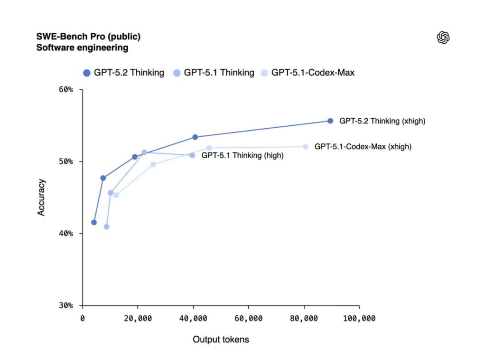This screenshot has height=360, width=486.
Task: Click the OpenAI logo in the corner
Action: click(443, 38)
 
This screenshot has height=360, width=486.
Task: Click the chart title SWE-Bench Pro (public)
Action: click(88, 37)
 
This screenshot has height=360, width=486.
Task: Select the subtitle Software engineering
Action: click(82, 47)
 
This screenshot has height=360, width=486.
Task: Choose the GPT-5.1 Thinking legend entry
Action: click(213, 73)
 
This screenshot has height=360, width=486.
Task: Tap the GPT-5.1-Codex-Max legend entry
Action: click(308, 73)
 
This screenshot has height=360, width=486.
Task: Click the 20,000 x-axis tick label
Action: click(138, 318)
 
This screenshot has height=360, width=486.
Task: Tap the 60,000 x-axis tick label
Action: click(249, 318)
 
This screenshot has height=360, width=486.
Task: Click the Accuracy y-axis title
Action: click(42, 197)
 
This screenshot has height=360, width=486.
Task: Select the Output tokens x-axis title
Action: click(221, 340)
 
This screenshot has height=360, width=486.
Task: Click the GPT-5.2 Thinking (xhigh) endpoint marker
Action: click(330, 121)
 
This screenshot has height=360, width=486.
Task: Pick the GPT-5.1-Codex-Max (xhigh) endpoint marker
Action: click(305, 147)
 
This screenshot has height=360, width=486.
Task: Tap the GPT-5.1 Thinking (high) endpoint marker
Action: click(192, 155)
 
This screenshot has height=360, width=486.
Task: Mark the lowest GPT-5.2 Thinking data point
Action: click(94, 222)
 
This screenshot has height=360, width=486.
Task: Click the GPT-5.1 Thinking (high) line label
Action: click(243, 155)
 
